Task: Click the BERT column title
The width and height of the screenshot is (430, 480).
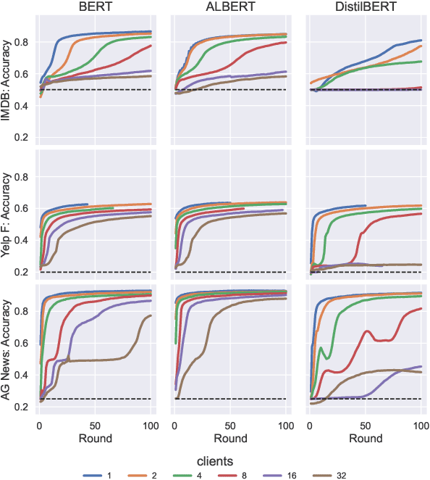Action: click(95, 7)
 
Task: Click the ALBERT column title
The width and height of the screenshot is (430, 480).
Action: click(229, 7)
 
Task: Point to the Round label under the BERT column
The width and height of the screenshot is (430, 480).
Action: click(95, 439)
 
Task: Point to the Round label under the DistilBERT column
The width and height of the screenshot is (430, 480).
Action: click(365, 439)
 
